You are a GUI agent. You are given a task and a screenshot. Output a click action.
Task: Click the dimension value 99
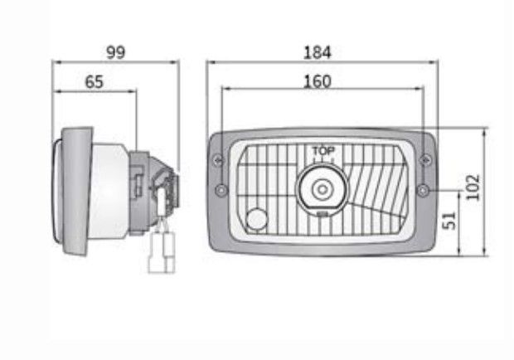[x=116, y=52]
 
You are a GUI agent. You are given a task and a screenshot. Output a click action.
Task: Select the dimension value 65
[x=94, y=82]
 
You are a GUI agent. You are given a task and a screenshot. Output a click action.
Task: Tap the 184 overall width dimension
[x=318, y=52]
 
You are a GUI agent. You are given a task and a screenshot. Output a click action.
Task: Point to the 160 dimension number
[x=318, y=81]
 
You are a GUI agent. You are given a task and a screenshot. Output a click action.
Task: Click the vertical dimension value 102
[x=473, y=187]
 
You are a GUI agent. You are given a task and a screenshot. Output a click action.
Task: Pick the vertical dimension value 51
[x=449, y=221]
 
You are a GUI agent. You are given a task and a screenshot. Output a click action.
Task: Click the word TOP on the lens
[x=323, y=151]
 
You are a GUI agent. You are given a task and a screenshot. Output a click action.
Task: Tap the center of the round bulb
[x=322, y=189]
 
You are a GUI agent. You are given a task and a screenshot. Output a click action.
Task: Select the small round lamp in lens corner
[x=257, y=219]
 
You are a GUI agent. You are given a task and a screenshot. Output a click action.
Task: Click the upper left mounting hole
[x=218, y=160]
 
